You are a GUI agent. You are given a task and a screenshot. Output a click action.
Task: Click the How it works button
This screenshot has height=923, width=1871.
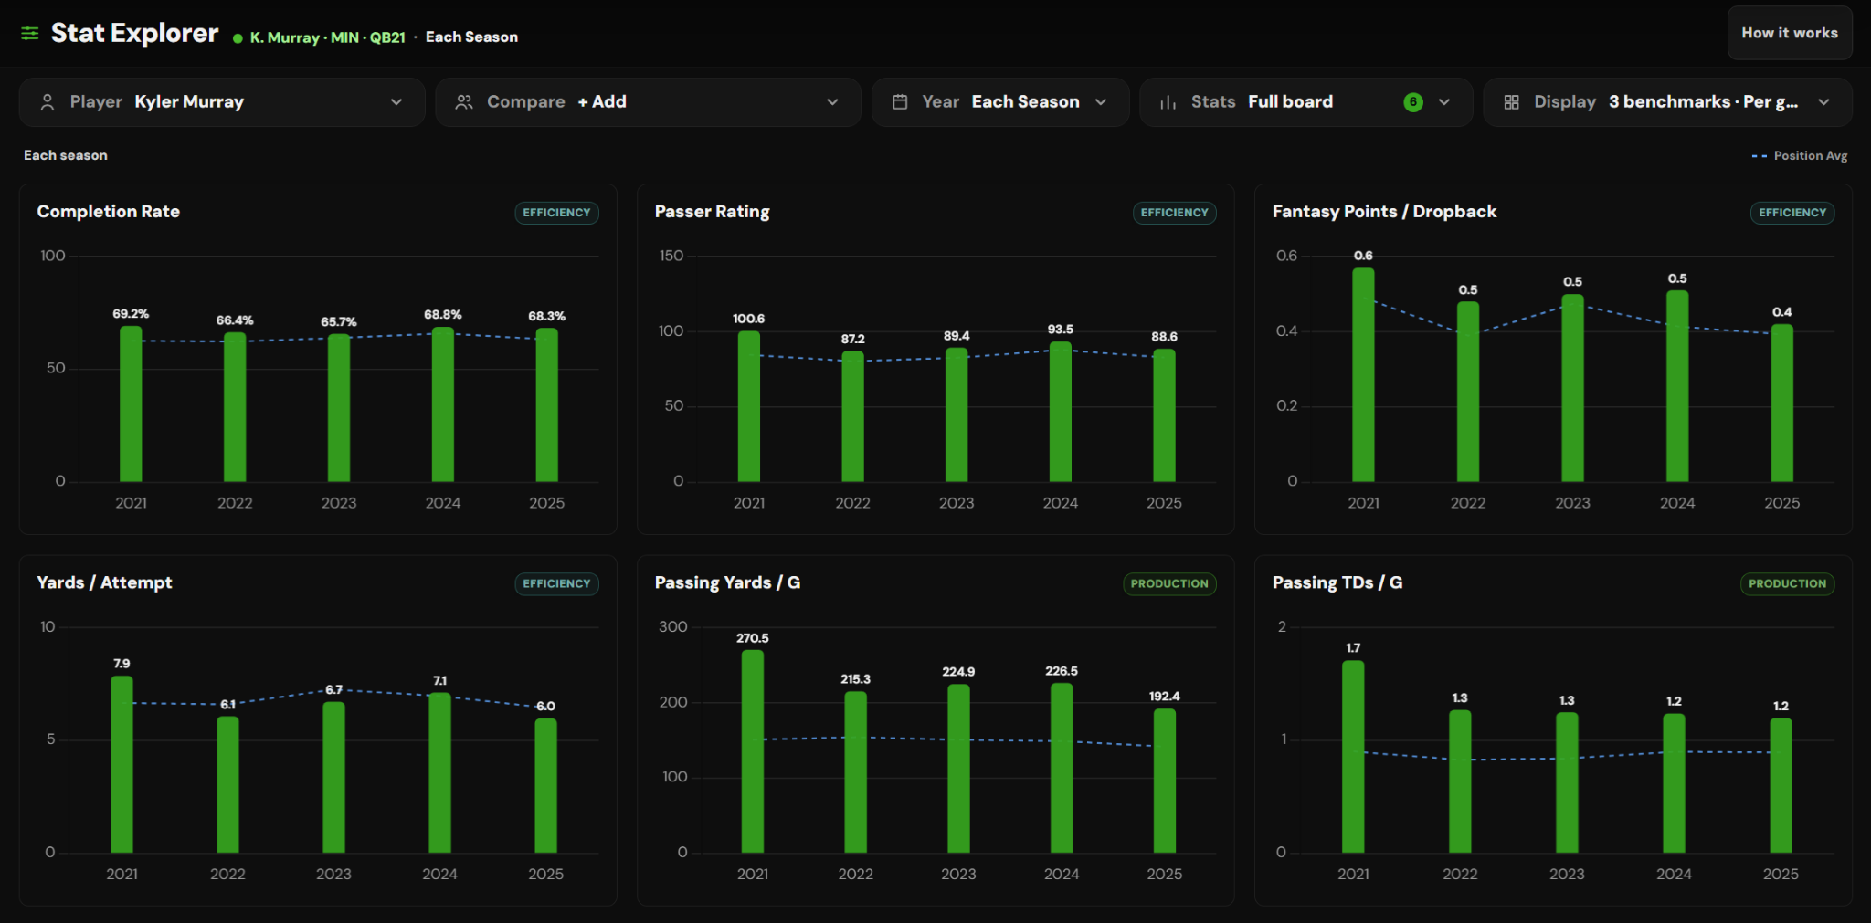point(1789,33)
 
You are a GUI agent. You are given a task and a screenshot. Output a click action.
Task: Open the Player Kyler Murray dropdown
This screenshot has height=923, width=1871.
point(222,102)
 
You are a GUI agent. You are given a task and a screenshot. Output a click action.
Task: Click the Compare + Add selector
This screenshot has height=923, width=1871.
point(648,102)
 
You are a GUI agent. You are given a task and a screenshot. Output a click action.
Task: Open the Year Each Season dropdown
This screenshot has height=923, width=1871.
point(999,102)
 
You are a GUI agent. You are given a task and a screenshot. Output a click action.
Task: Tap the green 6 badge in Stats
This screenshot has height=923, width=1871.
point(1412,102)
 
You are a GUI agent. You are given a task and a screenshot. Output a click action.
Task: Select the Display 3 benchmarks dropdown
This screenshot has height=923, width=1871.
point(1667,102)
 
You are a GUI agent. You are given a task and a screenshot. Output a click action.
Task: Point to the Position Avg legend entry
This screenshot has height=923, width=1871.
point(1800,156)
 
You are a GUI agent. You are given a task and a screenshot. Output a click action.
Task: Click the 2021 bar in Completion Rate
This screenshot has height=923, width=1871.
point(131,404)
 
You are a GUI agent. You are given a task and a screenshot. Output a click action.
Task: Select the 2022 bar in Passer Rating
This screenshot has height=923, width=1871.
point(852,416)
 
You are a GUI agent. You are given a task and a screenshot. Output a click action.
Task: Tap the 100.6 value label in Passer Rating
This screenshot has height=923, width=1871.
point(748,319)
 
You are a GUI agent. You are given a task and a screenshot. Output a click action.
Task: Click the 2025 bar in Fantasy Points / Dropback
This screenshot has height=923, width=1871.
point(1781,403)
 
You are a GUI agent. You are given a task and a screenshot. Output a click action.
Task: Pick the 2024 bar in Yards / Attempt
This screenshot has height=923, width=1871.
point(439,772)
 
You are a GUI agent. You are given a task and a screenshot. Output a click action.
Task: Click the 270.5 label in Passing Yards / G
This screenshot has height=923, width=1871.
point(752,638)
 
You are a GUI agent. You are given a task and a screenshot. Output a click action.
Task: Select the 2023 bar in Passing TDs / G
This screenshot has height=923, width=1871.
point(1567,782)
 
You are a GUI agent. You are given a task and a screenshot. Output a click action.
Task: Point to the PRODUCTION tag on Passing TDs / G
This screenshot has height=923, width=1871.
point(1787,583)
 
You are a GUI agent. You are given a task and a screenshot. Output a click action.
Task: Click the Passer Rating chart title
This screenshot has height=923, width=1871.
point(712,212)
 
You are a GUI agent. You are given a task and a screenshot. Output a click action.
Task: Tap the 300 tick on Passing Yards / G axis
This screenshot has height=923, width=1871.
point(672,627)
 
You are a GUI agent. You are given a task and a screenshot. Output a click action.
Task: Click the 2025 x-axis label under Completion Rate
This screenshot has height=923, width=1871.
point(546,503)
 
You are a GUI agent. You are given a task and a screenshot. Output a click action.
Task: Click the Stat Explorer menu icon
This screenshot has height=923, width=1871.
point(30,34)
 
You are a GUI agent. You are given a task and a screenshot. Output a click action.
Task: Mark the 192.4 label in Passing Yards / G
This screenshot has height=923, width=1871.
point(1164,697)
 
